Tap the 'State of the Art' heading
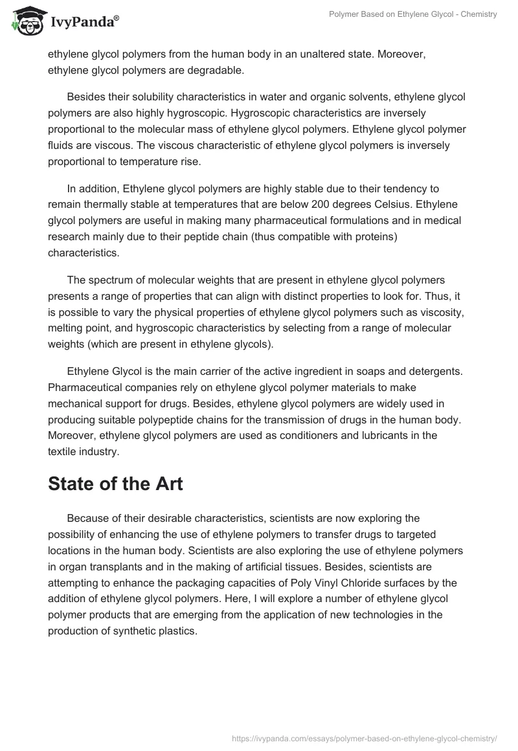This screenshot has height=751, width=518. pyautogui.click(x=115, y=484)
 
